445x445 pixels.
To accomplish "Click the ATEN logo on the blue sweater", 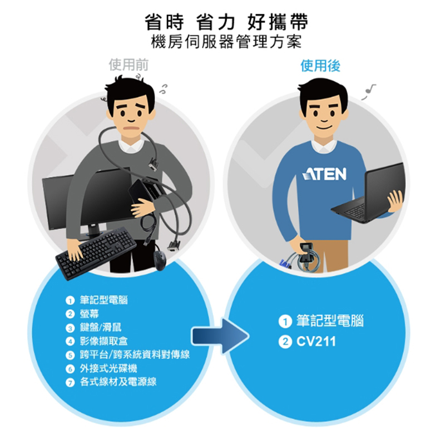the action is click(x=324, y=174).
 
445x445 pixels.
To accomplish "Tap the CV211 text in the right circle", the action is click(x=316, y=342).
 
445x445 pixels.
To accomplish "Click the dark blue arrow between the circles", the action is click(x=220, y=337).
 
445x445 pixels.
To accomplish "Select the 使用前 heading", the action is click(x=128, y=65).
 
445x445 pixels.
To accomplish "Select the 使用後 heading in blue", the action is click(x=320, y=66).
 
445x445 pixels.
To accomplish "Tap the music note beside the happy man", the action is click(x=368, y=91).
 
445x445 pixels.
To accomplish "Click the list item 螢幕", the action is click(x=90, y=314).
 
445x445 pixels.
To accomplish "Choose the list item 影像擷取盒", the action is click(x=104, y=341).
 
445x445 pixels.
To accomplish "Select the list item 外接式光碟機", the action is click(x=108, y=368).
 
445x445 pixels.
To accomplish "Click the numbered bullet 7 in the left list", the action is click(x=70, y=383).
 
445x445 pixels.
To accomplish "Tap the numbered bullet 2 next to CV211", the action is click(x=285, y=342).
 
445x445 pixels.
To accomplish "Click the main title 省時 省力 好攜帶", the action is click(x=226, y=22).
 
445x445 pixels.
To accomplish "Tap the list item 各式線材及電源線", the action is click(x=118, y=382).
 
